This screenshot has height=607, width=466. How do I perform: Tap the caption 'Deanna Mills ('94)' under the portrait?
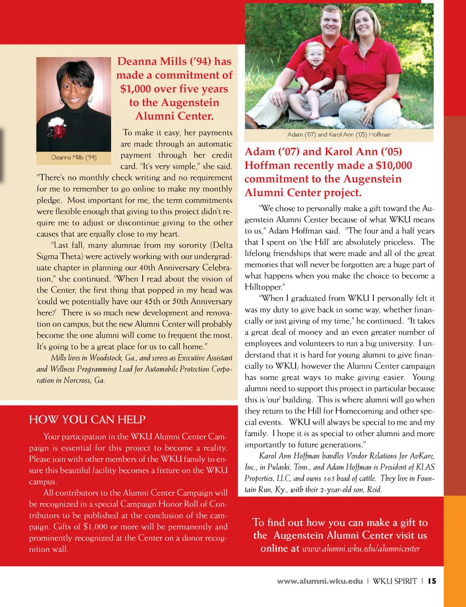74,157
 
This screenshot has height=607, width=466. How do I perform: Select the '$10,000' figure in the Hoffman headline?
394,166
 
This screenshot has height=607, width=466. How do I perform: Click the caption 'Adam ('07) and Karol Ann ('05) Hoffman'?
339,135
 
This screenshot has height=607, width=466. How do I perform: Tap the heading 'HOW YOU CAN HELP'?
87,419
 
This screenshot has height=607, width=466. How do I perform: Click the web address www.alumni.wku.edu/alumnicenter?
361,549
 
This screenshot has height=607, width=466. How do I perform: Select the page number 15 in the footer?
432,581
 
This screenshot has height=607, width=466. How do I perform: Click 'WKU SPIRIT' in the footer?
395,581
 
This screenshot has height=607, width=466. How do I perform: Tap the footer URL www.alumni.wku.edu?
320,581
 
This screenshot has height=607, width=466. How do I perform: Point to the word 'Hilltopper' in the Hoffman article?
263,287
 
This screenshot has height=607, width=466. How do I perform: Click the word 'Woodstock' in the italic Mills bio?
106,358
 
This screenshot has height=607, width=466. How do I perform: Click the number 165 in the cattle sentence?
329,479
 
